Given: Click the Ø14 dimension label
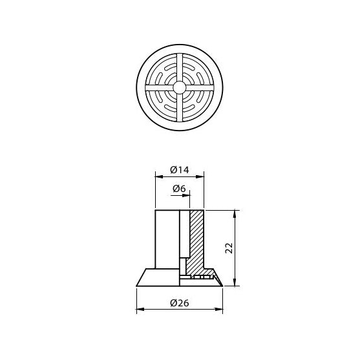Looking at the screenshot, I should pos(180,169).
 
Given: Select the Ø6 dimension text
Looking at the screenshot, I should pos(180,188).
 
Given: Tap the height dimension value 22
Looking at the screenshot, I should pos(228,248).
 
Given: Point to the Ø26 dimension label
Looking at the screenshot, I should pos(180,303).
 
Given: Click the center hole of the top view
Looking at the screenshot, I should pos(180,86).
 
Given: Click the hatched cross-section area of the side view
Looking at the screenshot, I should pos(197,239).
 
